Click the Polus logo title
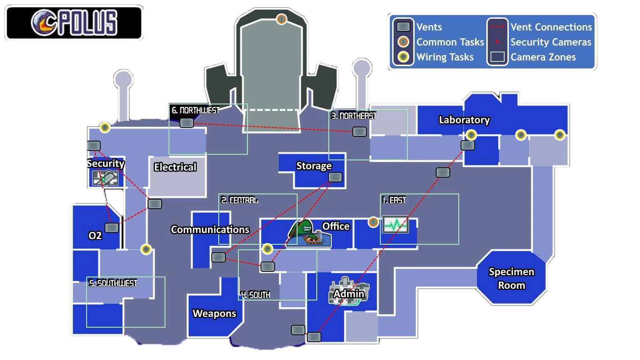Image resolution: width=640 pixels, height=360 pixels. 74,22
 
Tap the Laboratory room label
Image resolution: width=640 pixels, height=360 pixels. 464,120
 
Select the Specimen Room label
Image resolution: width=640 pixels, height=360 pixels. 512,278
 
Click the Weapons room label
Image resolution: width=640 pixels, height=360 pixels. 214,314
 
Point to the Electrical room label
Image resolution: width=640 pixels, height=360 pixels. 175,167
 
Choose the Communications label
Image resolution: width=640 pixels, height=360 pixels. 210,229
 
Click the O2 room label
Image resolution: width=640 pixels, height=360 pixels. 95,236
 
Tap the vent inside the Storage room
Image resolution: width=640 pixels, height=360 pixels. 335,177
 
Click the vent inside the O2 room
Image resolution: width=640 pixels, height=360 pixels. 112,228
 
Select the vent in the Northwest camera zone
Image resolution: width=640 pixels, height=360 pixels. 186,123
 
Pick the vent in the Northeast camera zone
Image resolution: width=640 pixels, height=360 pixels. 359,132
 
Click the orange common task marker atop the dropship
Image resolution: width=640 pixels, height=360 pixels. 282,19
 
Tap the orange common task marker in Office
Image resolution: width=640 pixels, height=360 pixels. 373,222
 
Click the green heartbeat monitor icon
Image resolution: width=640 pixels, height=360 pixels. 395,225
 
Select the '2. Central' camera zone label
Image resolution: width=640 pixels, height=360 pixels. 239,200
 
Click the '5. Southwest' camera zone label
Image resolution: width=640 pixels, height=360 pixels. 113,284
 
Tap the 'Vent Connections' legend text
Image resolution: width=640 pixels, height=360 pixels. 551,27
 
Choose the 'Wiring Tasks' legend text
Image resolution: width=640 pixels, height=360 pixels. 445,57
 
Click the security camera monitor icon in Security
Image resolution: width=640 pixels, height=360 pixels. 105,178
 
